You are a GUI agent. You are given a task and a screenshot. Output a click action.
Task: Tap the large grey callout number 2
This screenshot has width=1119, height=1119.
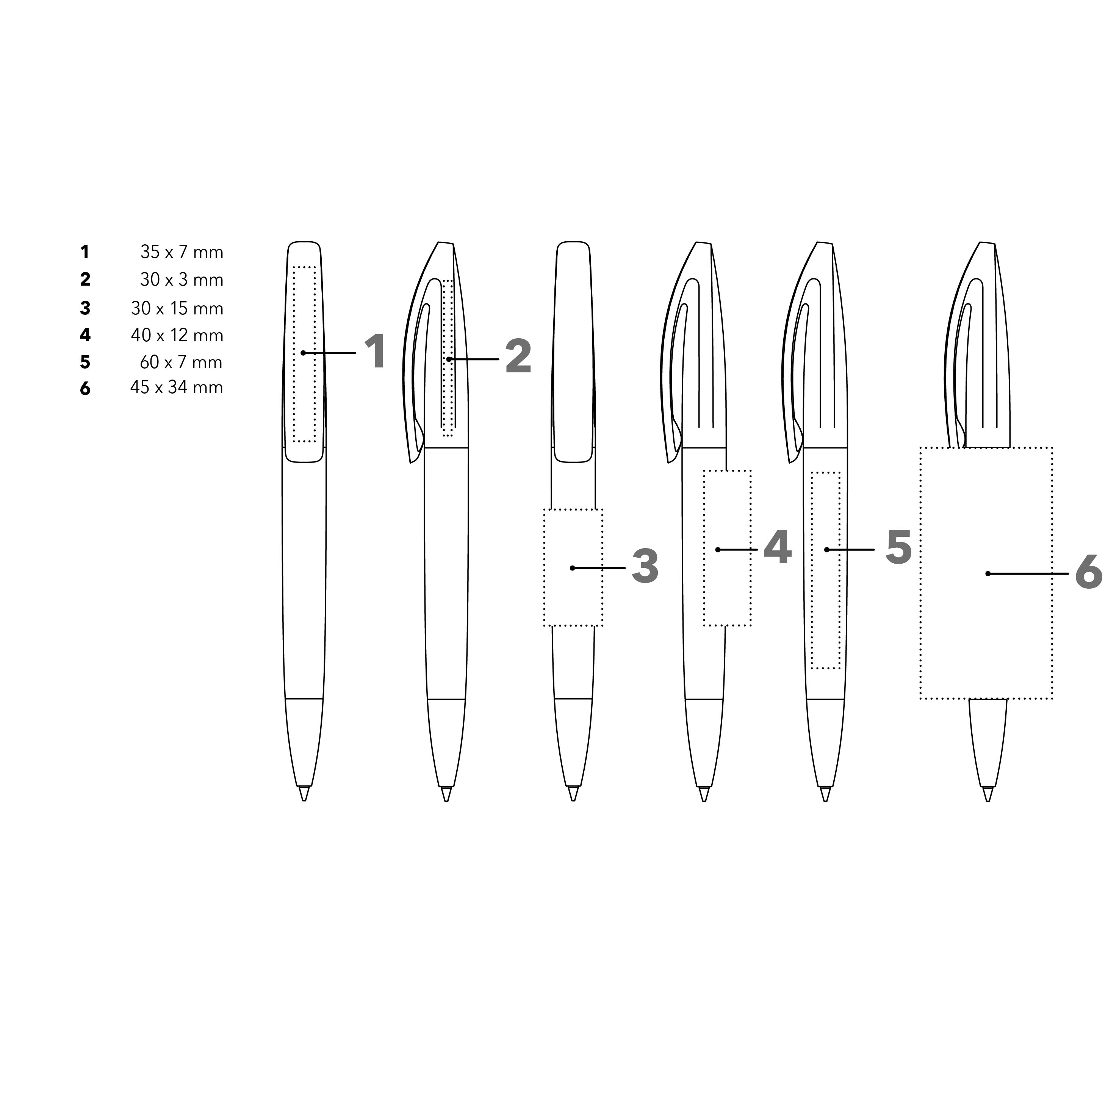[518, 357]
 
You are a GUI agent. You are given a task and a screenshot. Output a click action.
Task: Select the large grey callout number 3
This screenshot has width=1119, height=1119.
[645, 566]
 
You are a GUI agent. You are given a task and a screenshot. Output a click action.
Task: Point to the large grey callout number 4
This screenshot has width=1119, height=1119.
[777, 547]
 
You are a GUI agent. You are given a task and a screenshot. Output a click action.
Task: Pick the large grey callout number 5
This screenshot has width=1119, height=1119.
[898, 547]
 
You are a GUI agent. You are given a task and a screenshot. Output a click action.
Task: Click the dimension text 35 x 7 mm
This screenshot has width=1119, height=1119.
[182, 252]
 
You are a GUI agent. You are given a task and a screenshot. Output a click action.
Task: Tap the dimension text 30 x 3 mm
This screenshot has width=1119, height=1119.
[182, 280]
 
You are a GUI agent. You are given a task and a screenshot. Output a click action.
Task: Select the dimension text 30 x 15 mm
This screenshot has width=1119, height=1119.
[177, 308]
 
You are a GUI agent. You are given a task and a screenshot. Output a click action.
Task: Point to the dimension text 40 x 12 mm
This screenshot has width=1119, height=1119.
[177, 335]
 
